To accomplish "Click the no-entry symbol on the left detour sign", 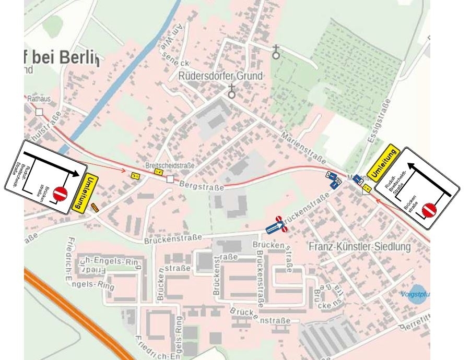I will coord(61,193).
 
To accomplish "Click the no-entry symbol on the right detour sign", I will coord(430,210).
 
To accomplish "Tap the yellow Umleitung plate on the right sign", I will coord(383,163).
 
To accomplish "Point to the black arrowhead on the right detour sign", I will coord(410,166).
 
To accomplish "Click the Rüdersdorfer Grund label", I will coord(220,76).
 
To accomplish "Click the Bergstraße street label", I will coord(201,184).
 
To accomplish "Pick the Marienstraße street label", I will coord(303,147).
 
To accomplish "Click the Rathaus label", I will coord(37,97).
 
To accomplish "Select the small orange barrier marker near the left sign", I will coord(95,208).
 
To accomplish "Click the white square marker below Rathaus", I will coord(39,112).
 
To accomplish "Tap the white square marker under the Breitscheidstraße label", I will coord(170,179).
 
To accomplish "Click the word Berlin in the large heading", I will coord(79,57).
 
